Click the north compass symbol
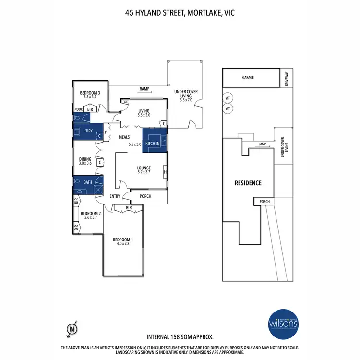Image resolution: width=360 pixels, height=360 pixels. [72, 329]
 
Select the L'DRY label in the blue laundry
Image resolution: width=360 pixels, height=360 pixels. [87, 131]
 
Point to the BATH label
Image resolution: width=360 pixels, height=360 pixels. [87, 182]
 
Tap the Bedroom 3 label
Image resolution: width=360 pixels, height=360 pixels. [90, 93]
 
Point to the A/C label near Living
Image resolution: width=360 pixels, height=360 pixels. [125, 102]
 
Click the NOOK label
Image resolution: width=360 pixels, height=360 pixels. [78, 109]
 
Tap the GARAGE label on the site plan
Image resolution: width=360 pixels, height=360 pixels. [248, 77]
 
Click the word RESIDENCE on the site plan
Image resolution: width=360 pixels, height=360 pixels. [248, 183]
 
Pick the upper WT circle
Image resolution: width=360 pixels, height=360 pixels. [228, 98]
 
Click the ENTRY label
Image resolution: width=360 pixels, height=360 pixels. [115, 196]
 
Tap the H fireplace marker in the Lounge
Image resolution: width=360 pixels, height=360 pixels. [165, 173]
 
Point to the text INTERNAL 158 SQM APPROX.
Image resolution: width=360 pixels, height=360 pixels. [180, 337]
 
